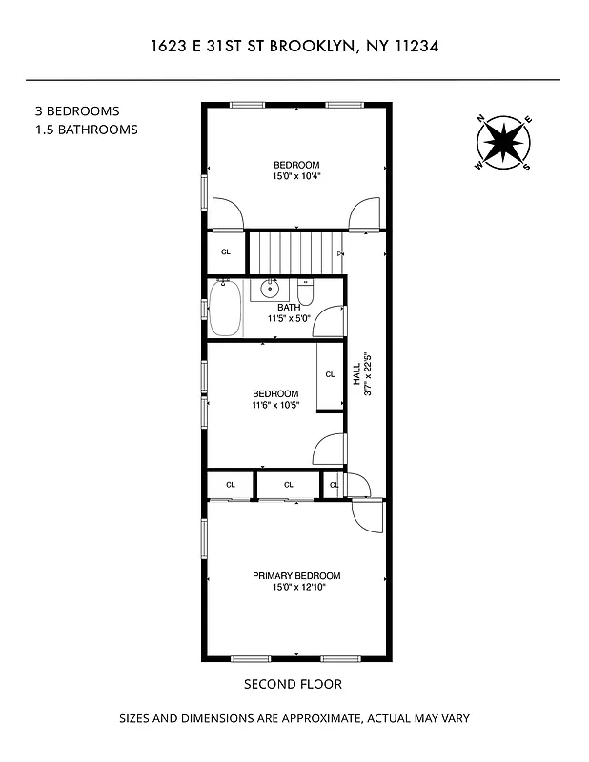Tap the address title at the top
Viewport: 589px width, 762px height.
pos(294,45)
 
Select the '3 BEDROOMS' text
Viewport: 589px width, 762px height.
pos(77,111)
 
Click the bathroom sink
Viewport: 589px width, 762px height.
pos(271,289)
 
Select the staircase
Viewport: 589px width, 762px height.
pos(295,253)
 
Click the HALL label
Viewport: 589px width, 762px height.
pos(356,373)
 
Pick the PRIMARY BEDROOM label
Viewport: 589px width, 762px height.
pos(296,575)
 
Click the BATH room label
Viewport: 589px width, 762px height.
pos(289,308)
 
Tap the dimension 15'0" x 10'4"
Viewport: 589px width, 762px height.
pos(296,175)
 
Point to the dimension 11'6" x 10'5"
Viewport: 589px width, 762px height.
pos(275,405)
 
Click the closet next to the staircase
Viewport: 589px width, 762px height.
pos(226,252)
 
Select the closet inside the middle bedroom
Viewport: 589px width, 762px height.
pos(330,375)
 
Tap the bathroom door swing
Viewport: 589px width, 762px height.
pos(330,321)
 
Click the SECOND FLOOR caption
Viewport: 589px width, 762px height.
pos(293,684)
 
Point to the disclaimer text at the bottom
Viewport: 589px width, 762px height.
pos(294,718)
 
